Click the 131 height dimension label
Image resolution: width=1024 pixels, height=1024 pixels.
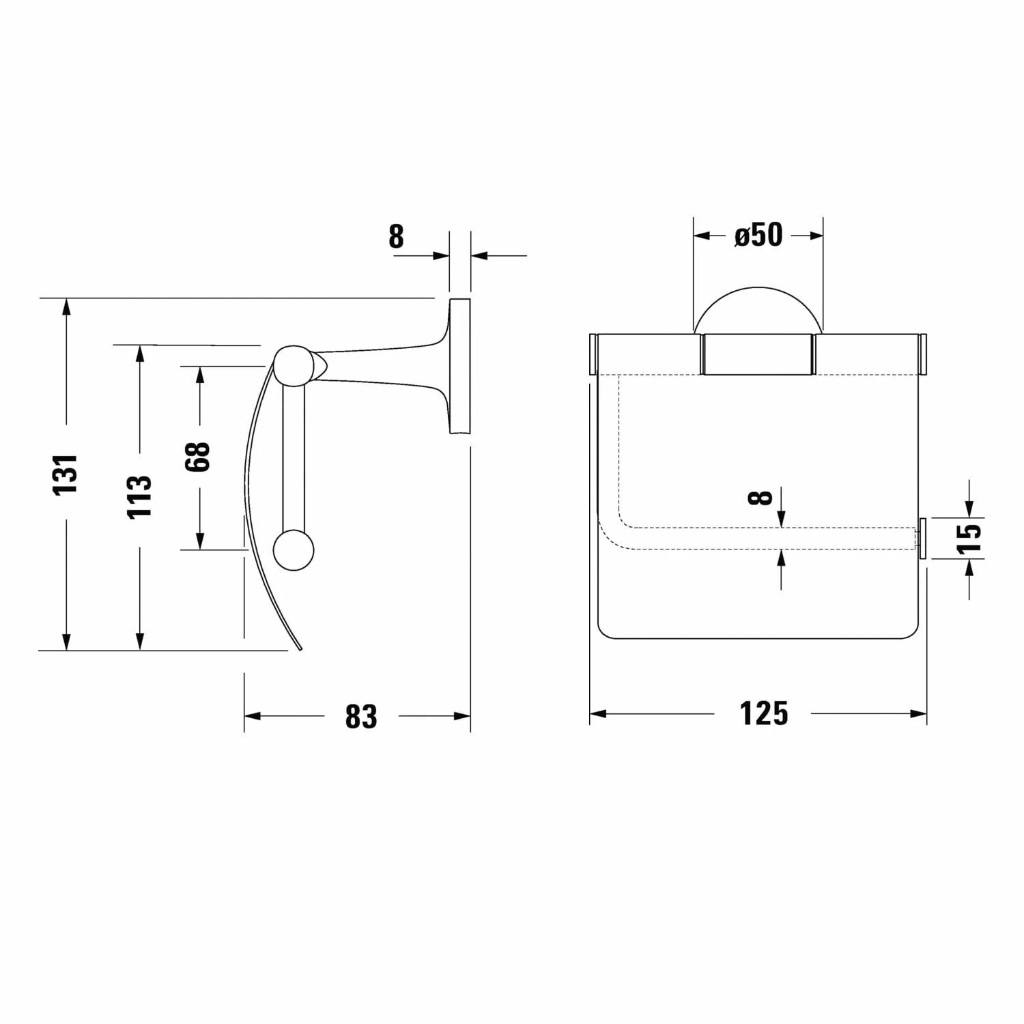67,474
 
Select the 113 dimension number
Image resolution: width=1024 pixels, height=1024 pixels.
140,496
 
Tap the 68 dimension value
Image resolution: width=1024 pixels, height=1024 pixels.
199,457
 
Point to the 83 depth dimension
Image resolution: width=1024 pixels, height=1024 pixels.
360,717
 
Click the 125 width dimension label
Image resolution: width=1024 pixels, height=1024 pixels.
764,714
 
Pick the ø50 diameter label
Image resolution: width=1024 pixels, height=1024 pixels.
758,235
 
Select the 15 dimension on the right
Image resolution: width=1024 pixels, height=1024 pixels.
969,537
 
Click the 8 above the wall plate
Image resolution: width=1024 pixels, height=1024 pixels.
396,237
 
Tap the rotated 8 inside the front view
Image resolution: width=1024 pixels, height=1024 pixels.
760,497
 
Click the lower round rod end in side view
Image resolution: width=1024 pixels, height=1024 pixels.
294,550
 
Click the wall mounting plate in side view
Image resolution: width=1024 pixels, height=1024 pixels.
459,366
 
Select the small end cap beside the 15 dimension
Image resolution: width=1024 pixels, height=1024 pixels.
922,539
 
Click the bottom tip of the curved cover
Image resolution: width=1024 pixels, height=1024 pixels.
298,649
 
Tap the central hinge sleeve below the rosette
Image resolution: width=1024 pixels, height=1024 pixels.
758,354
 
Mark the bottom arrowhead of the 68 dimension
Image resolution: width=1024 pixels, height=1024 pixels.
199,542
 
